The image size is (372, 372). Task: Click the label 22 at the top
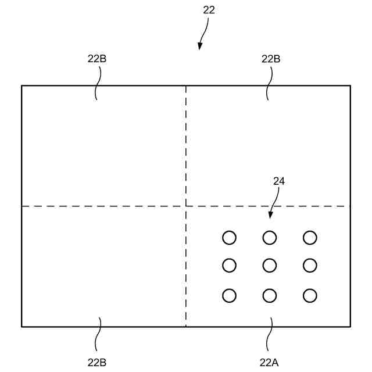209,10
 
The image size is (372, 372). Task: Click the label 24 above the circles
279,181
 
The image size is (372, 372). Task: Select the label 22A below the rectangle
269,362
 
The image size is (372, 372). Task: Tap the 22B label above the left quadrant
96,59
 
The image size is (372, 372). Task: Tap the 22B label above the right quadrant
271,59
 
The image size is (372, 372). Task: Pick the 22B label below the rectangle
97,362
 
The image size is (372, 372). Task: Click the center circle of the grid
269,266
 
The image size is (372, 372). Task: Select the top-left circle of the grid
230,238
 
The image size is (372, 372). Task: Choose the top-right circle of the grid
310,238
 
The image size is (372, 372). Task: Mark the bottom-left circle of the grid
230,295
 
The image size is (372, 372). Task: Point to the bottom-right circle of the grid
310,295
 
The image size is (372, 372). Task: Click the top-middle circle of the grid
269,238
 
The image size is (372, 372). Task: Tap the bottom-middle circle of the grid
269,295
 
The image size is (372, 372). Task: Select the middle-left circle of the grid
230,266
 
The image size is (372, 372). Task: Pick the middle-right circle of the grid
310,266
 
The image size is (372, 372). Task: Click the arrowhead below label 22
200,46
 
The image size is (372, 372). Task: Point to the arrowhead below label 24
270,216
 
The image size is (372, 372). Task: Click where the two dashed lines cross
186,206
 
